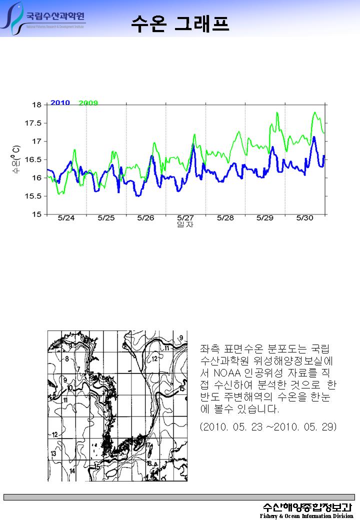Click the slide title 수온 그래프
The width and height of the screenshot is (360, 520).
[180, 23]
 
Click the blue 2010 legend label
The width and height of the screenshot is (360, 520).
[60, 103]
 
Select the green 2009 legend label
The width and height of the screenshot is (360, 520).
[88, 103]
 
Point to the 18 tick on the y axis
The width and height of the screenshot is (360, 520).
[37, 105]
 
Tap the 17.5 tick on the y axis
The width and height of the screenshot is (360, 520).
[34, 123]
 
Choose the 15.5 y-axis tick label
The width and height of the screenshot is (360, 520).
[34, 196]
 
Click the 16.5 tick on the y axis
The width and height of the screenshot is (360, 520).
[34, 159]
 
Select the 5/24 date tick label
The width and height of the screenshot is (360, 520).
[66, 218]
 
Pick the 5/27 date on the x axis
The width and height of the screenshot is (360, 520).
[185, 218]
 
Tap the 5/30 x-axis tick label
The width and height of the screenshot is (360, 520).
[304, 218]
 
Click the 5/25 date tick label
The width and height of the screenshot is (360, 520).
[106, 218]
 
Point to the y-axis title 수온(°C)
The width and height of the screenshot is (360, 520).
[16, 159]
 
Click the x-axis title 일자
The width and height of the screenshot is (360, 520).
[185, 225]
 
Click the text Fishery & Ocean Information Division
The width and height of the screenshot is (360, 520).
[306, 516]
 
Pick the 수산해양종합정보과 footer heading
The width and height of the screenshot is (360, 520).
[308, 506]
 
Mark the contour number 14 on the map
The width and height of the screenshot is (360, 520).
[72, 471]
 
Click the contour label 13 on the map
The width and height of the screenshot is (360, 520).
[53, 453]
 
